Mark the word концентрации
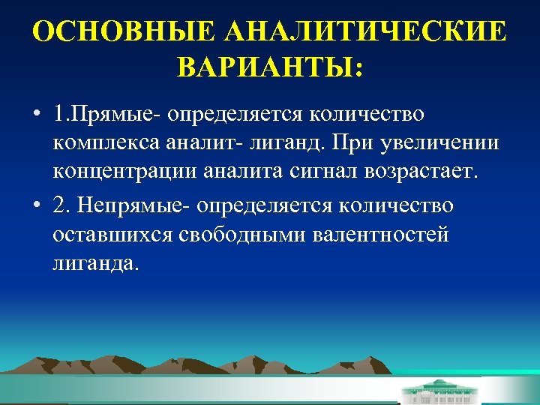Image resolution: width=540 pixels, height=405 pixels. [x=122, y=172]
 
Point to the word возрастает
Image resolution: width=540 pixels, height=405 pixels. [x=421, y=172]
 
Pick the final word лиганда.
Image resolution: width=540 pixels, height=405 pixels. [x=96, y=264]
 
